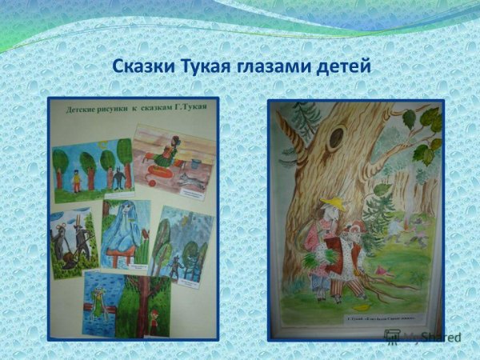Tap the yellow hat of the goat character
point(329,202)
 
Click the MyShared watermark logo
point(422,337)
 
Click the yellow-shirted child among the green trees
point(77,181)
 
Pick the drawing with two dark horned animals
point(74,240)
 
